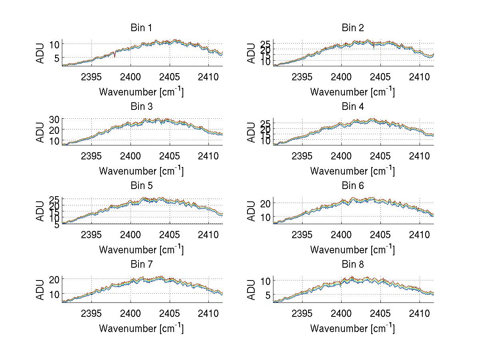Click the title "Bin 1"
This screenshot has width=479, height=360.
click(141, 28)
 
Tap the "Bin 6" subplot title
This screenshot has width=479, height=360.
click(353, 186)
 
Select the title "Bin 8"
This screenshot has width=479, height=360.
click(353, 265)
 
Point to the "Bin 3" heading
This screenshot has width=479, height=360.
click(141, 107)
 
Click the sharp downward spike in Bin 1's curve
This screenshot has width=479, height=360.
click(115, 56)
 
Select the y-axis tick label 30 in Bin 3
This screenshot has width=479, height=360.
click(54, 119)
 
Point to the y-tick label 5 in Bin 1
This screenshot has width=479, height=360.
click(57, 58)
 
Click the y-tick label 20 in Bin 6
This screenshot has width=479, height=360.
click(265, 203)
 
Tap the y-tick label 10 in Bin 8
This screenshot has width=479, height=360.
click(265, 280)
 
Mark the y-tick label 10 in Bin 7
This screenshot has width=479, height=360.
click(54, 294)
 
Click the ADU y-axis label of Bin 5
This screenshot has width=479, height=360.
click(40, 211)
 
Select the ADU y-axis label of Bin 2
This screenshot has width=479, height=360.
click(251, 53)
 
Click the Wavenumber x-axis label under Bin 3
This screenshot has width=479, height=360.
click(141, 171)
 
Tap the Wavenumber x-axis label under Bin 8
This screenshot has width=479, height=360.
click(352, 328)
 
